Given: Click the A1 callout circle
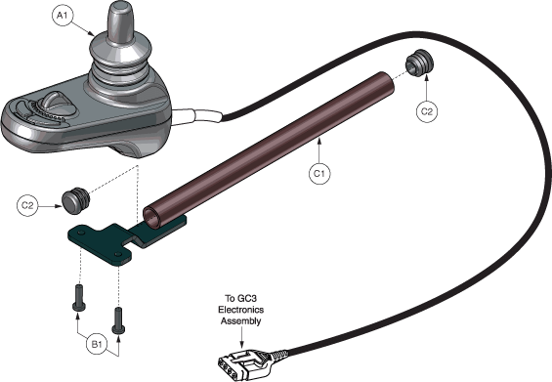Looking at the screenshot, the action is (62, 15).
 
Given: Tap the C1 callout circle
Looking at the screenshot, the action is (319, 173).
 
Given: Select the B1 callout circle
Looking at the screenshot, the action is (97, 344).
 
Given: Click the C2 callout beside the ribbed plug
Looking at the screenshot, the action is (427, 111).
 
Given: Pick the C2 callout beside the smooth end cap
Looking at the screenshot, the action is (27, 205).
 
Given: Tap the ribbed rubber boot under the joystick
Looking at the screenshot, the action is (121, 70).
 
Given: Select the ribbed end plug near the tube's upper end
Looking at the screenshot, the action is (419, 64).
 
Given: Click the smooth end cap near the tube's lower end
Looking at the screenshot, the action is (75, 201).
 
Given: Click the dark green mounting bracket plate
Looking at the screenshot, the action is (116, 239).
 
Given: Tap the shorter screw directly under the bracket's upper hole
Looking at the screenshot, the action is (79, 298).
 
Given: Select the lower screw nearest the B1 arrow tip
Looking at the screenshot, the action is (118, 320).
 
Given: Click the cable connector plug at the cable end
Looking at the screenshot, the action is (245, 362).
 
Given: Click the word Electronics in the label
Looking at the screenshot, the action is (240, 310).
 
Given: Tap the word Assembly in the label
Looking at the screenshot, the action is (241, 321).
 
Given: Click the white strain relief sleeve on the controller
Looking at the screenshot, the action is (197, 116).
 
